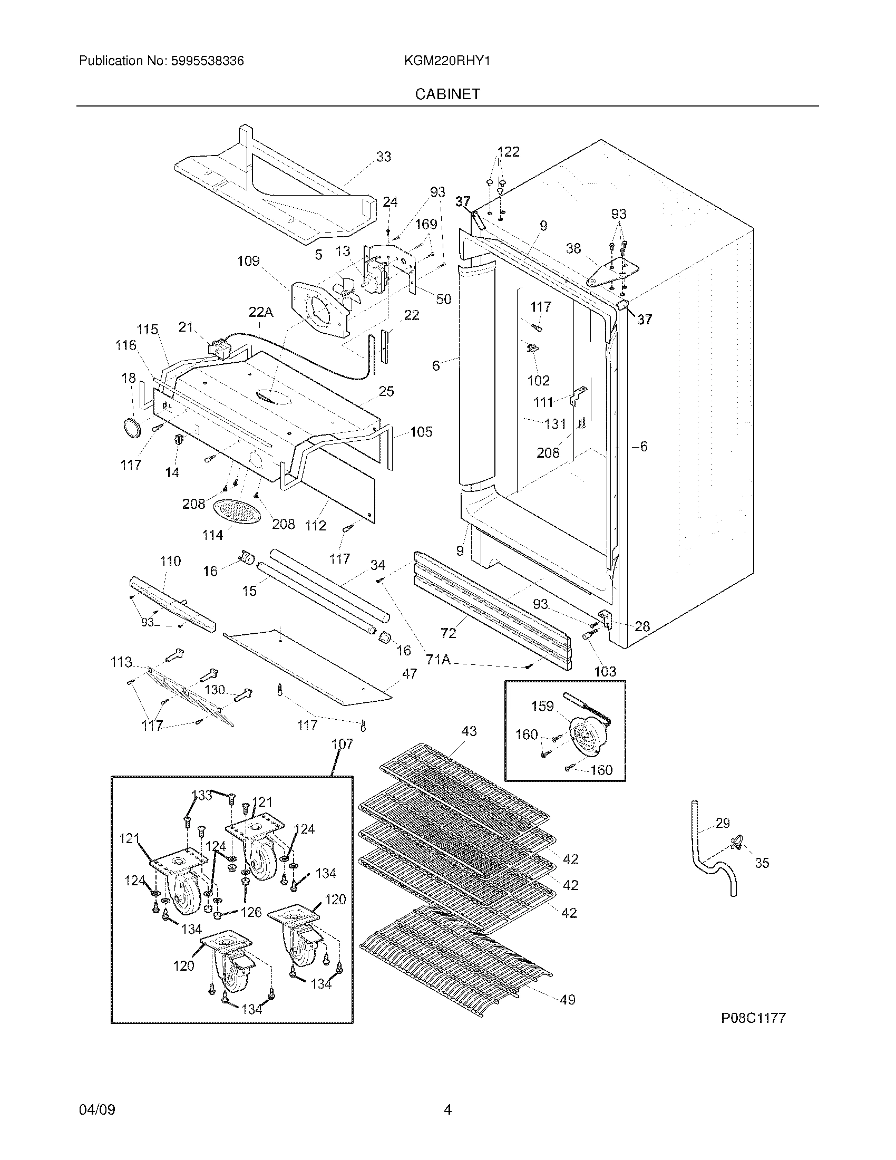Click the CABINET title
pos(447,94)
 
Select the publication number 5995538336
pos(207,61)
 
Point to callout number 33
pos(384,157)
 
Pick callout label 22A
pos(260,312)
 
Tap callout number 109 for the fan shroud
pos(248,261)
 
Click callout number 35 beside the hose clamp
pos(762,863)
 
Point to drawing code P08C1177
pos(753,1018)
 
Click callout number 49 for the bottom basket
pos(568,1000)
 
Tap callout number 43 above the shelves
pos(469,731)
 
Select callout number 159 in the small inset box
pos(542,706)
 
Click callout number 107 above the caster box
pos(343,744)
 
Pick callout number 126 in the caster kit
pos(251,912)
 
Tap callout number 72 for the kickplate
pos(449,633)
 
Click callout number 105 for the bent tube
pos(421,432)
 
